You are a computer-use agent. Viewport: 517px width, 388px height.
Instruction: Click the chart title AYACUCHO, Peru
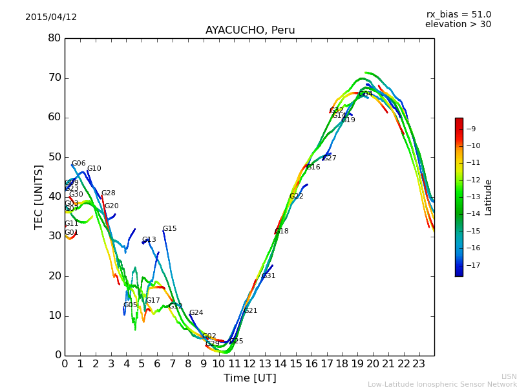pyautogui.click(x=250, y=30)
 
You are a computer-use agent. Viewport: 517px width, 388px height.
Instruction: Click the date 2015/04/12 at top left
pyautogui.click(x=51, y=17)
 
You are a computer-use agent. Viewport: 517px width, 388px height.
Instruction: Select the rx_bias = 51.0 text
pyautogui.click(x=458, y=14)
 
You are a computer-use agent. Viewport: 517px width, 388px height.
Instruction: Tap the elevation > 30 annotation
pyautogui.click(x=458, y=25)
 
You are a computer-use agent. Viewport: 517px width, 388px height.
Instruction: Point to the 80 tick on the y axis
pyautogui.click(x=54, y=38)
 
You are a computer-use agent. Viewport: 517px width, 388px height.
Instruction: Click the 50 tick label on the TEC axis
pyautogui.click(x=54, y=157)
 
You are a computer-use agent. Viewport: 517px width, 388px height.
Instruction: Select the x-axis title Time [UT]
pyautogui.click(x=249, y=378)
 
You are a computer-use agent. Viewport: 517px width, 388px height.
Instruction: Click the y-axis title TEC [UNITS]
pyautogui.click(x=39, y=197)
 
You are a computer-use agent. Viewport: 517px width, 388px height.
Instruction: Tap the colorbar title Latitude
pyautogui.click(x=489, y=197)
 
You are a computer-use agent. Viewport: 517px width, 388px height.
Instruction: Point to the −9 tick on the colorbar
pyautogui.click(x=472, y=129)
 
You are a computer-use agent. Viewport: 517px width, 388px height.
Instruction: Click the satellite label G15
pyautogui.click(x=169, y=229)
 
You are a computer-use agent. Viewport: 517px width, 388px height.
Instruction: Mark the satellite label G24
pyautogui.click(x=196, y=313)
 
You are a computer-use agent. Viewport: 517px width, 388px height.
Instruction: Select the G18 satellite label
pyautogui.click(x=282, y=231)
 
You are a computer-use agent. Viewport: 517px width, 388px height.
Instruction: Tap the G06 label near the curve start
pyautogui.click(x=78, y=164)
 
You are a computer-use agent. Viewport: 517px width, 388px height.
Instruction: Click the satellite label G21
pyautogui.click(x=251, y=311)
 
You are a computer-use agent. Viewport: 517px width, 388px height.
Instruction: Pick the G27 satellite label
pyautogui.click(x=330, y=158)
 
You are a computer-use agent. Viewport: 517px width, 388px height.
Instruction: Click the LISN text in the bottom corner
pyautogui.click(x=509, y=376)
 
